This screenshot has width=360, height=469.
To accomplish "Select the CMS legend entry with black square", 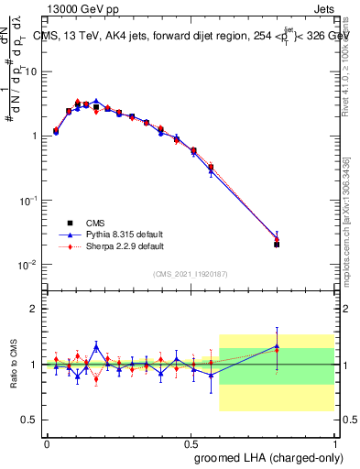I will pos(101,223).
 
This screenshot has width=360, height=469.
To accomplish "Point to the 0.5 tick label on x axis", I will pos(191,443).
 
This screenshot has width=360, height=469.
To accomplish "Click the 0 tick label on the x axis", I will pos(47,443).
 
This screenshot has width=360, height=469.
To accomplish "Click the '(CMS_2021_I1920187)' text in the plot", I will pos(191,274).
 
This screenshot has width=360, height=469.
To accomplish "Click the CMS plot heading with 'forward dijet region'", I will pos(197,36).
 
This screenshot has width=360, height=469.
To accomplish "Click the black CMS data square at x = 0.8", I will pos(277,245).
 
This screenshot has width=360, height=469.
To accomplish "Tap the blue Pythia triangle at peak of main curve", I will pos(96,102).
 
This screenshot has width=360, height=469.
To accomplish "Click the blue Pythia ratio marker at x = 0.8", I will pos(277,346).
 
